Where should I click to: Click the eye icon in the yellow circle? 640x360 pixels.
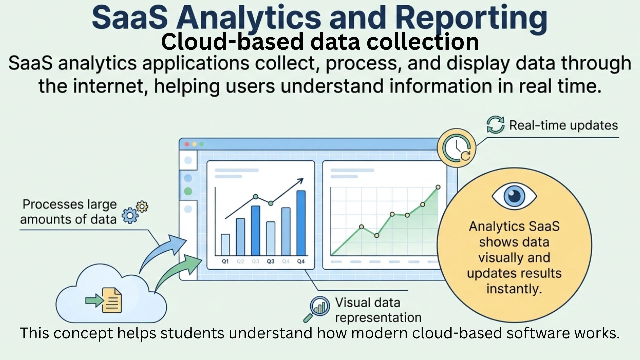(x=514, y=196)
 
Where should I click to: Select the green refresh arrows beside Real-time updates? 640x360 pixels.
(x=495, y=125)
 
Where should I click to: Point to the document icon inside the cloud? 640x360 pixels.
(x=112, y=300)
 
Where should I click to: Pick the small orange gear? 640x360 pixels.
(x=142, y=206)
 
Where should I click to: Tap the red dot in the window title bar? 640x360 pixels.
(x=187, y=144)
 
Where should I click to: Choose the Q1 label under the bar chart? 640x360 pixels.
(x=225, y=261)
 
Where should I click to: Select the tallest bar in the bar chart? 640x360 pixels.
(x=301, y=223)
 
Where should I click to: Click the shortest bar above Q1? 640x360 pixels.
(x=225, y=244)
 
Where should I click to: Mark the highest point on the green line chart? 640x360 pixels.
(x=438, y=187)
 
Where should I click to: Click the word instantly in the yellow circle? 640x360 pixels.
(x=514, y=288)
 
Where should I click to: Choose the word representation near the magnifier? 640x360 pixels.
(x=378, y=318)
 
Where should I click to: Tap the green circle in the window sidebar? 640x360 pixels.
(x=188, y=191)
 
